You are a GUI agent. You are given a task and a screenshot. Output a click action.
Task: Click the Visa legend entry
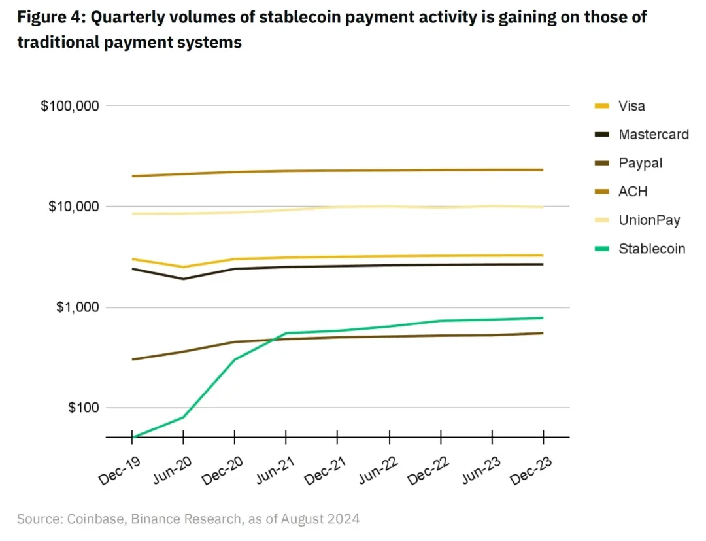pos(631,106)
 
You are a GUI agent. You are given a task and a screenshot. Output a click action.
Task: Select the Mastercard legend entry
pos(653,135)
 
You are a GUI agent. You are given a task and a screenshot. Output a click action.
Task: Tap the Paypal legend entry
pos(640,163)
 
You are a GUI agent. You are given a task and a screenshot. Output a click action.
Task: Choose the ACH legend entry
pos(633,192)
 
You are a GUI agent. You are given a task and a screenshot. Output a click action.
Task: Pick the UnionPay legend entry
pos(649,220)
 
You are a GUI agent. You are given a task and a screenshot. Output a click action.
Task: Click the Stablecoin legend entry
pos(651,249)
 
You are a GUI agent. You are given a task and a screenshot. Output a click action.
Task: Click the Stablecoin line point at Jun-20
pos(183,417)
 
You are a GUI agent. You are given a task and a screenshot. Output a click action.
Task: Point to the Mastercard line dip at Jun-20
pos(183,279)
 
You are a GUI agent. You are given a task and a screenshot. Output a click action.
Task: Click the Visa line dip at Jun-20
pos(183,267)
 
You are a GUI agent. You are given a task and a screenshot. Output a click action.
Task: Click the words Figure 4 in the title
pos(50,18)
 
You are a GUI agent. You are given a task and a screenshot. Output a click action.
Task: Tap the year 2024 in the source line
pos(343,519)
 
